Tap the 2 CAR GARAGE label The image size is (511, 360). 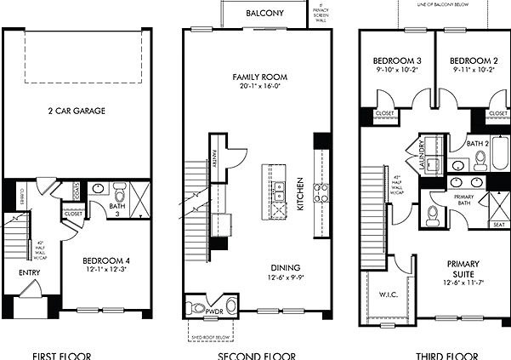(76, 111)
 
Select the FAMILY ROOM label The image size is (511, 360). (255, 77)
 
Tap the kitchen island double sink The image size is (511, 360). (278, 191)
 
